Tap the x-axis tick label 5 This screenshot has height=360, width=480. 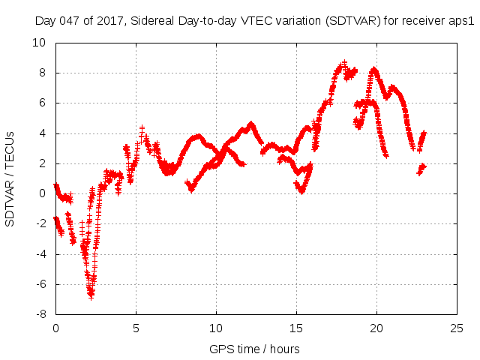136,328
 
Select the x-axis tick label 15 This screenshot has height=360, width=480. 296,328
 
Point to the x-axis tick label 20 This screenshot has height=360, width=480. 376,328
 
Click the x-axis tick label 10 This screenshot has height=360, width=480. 216,328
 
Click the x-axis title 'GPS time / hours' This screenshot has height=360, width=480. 256,349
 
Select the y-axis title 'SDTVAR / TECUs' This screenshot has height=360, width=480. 10,178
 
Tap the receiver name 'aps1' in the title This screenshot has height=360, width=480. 461,21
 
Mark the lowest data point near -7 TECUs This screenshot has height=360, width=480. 91,297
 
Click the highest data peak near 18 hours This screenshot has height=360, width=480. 344,64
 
